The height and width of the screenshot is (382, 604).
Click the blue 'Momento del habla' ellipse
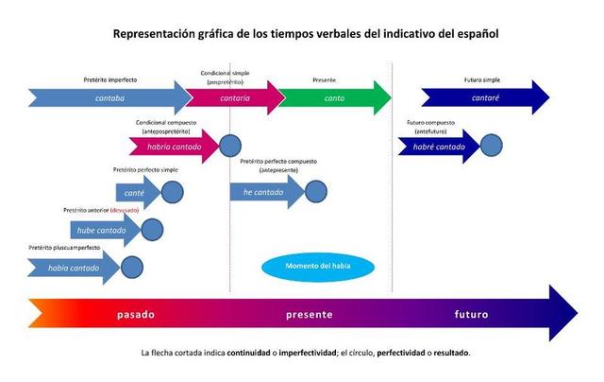pyautogui.click(x=317, y=266)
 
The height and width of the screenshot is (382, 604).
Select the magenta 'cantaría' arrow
pyautogui.click(x=235, y=96)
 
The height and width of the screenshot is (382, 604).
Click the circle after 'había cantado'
pyautogui.click(x=132, y=268)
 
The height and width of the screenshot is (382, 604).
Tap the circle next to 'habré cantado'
pyautogui.click(x=491, y=147)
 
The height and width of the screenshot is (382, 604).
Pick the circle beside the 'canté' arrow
pyautogui.click(x=172, y=192)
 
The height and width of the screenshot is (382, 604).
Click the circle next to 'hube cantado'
pyautogui.click(x=152, y=229)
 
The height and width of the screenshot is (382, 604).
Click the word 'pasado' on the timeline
pyautogui.click(x=136, y=314)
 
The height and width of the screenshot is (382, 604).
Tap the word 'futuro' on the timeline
pyautogui.click(x=471, y=314)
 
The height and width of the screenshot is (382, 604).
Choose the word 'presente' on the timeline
pyautogui.click(x=310, y=314)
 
